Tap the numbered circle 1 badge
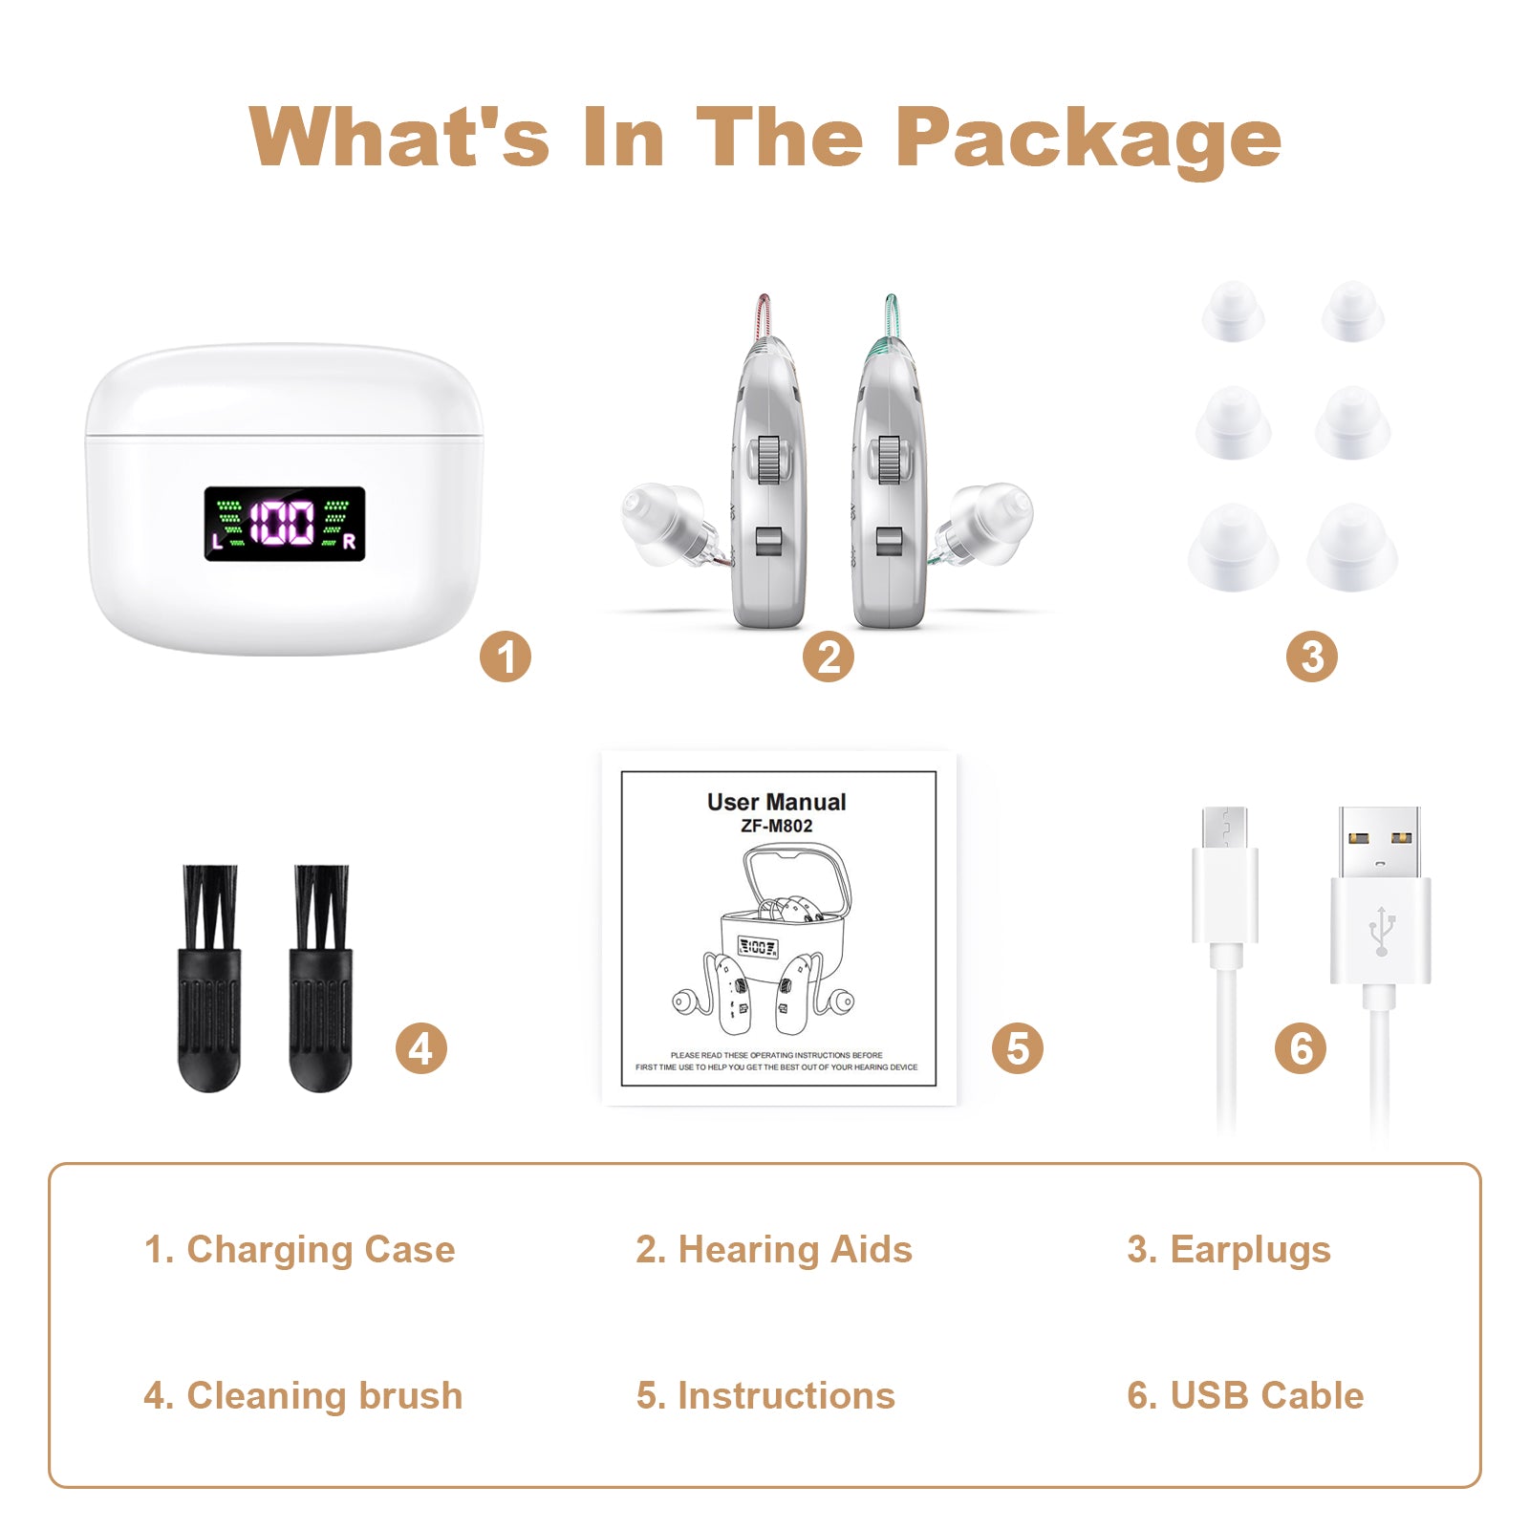(x=505, y=657)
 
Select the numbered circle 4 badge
(x=420, y=1048)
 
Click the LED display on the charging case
(x=284, y=524)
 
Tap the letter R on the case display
(x=349, y=542)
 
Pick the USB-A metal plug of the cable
(x=1379, y=842)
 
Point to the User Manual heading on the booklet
(x=776, y=802)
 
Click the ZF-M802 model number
(x=776, y=826)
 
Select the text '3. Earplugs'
(x=1228, y=1249)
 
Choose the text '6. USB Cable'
(x=1244, y=1395)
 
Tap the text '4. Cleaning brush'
(x=303, y=1395)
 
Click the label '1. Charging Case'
(x=299, y=1249)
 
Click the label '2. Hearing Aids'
(x=773, y=1249)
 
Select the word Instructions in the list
(x=786, y=1395)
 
